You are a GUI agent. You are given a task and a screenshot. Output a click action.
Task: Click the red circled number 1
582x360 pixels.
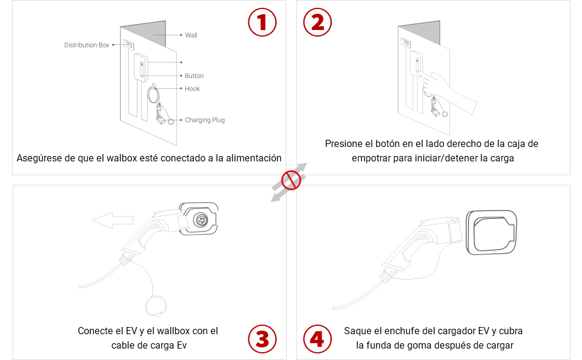[x=262, y=22]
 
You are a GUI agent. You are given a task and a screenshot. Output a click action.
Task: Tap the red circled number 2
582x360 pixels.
[x=317, y=22]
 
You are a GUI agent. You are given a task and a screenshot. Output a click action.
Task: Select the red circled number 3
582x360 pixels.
[x=262, y=339]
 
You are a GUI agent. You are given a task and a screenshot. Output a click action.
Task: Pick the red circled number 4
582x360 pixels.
[x=317, y=339]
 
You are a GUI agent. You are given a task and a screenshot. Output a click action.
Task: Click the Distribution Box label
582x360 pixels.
[x=87, y=45]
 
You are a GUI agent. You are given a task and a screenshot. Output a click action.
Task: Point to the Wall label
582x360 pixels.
[x=191, y=35]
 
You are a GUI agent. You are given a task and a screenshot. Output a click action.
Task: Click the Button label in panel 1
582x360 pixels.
[x=194, y=76]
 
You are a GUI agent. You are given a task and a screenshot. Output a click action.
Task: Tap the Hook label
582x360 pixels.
[x=192, y=89]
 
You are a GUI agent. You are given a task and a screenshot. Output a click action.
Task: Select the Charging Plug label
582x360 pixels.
[x=205, y=120]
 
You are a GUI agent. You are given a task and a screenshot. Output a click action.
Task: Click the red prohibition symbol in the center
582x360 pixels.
[x=291, y=179]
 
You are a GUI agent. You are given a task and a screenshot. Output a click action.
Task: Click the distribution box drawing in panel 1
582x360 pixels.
[x=129, y=44]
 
